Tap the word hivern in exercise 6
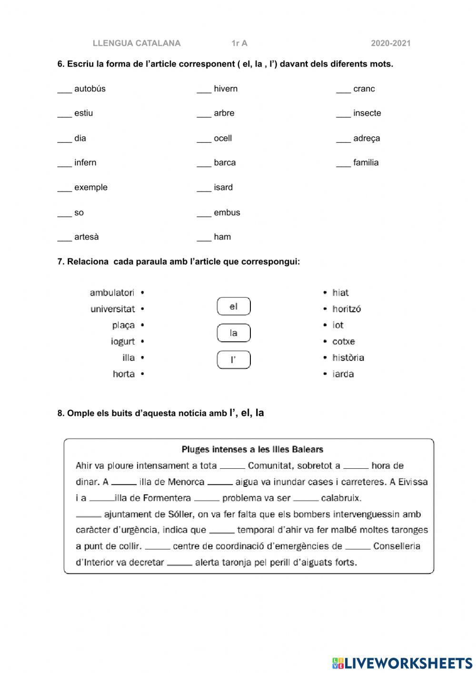pyautogui.click(x=225, y=89)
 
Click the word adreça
pyautogui.click(x=366, y=139)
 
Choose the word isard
pyautogui.click(x=223, y=188)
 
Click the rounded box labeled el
pyautogui.click(x=233, y=307)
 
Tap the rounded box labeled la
pyautogui.click(x=233, y=333)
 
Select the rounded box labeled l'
pyautogui.click(x=233, y=360)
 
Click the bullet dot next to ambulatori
pyautogui.click(x=143, y=293)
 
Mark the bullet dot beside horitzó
pyautogui.click(x=325, y=309)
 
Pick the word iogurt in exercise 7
pyautogui.click(x=123, y=342)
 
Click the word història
pyautogui.click(x=348, y=358)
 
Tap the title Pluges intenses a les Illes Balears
pyautogui.click(x=252, y=449)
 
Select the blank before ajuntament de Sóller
pyautogui.click(x=89, y=515)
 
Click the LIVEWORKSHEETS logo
pyautogui.click(x=402, y=663)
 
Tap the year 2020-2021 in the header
pyautogui.click(x=390, y=43)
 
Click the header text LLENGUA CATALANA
pyautogui.click(x=137, y=43)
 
